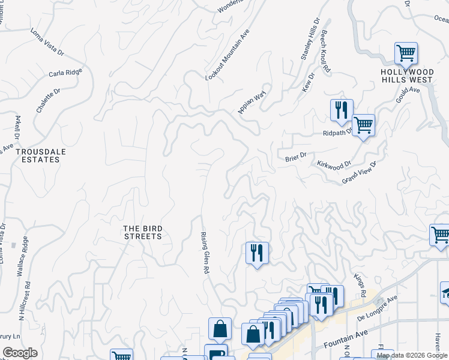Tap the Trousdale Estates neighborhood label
point(41,156)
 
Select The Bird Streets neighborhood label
point(143,232)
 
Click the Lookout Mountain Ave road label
point(227,55)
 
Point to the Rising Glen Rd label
point(204,253)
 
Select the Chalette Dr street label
point(49,101)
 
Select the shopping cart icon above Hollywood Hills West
point(406,53)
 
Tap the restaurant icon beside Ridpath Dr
point(341,110)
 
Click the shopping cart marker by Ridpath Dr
point(363,125)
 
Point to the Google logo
point(20,353)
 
